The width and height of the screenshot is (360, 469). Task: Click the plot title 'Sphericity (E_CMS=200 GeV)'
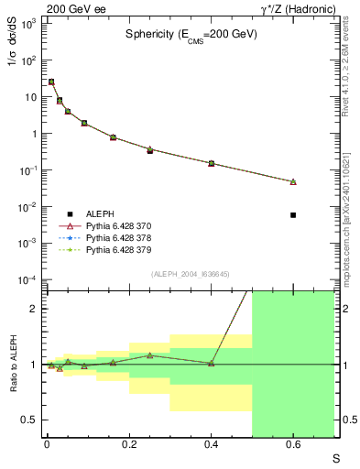pyautogui.click(x=191, y=34)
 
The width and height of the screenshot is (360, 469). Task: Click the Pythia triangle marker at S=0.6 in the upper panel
pyautogui.click(x=293, y=182)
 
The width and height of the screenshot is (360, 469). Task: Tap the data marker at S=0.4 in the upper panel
pyautogui.click(x=212, y=163)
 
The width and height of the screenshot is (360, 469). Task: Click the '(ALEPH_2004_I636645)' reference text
pyautogui.click(x=190, y=275)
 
